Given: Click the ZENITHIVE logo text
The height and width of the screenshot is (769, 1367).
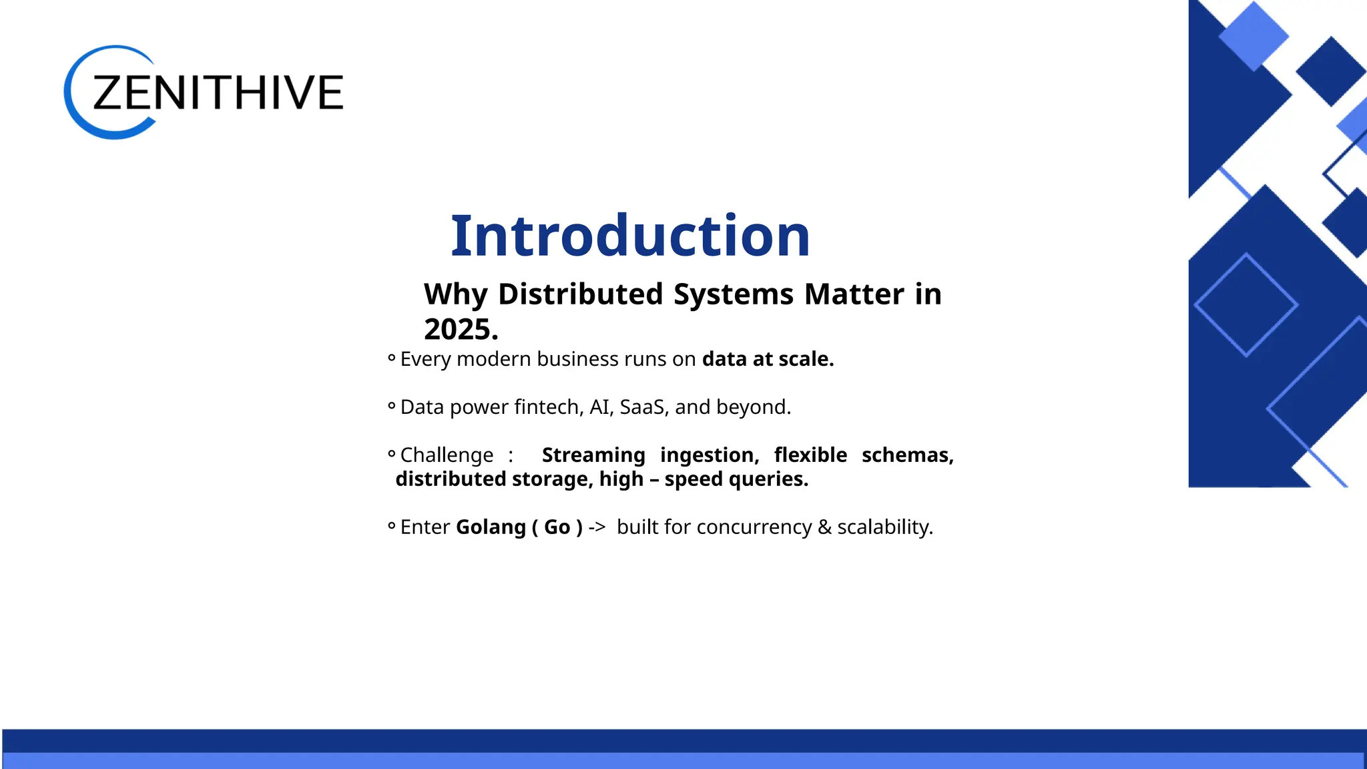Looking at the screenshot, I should (218, 93).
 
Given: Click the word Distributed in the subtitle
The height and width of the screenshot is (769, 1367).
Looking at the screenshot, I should (580, 294).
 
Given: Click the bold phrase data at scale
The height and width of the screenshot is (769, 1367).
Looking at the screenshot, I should (768, 359).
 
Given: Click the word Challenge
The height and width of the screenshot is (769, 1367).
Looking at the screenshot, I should (447, 455).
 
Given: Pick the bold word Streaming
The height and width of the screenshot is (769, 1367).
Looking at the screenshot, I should (593, 455).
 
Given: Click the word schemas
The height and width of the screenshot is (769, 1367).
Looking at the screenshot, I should (907, 455).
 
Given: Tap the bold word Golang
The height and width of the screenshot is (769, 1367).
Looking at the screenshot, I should (491, 527).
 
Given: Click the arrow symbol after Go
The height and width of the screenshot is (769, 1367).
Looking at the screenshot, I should (597, 527).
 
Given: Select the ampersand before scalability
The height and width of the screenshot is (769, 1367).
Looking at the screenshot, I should (824, 527).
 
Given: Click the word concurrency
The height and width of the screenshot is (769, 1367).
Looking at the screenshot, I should (754, 527).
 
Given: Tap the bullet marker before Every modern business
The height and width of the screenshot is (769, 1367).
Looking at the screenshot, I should (392, 358).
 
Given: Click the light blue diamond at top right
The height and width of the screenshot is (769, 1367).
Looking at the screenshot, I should (1253, 36).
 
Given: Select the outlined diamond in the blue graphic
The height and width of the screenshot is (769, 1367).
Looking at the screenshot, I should (1246, 305).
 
